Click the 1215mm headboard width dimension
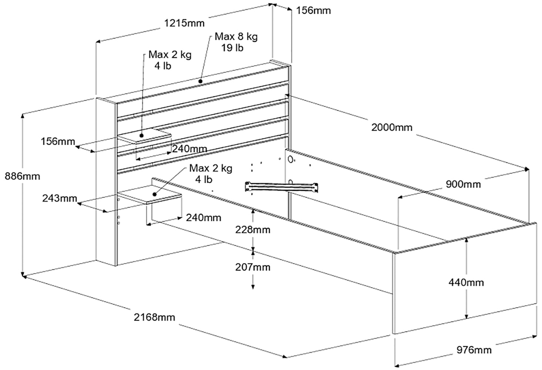tap(184, 23)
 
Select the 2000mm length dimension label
tap(391, 127)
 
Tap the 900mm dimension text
tap(463, 184)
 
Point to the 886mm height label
tap(22, 176)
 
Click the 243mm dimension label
tap(59, 198)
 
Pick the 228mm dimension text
tap(253, 229)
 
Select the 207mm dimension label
tap(253, 267)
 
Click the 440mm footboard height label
tap(466, 282)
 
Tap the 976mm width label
tap(474, 350)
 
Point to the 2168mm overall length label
tap(154, 317)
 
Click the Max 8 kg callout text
tap(236, 37)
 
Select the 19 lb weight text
tap(232, 48)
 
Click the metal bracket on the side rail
tap(282, 186)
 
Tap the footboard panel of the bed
tap(464, 281)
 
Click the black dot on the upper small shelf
tap(142, 136)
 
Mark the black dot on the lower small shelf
tap(154, 194)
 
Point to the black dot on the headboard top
tap(201, 81)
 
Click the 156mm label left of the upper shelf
tap(58, 141)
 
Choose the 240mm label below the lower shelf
tap(203, 217)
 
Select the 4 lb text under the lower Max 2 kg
tap(204, 179)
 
